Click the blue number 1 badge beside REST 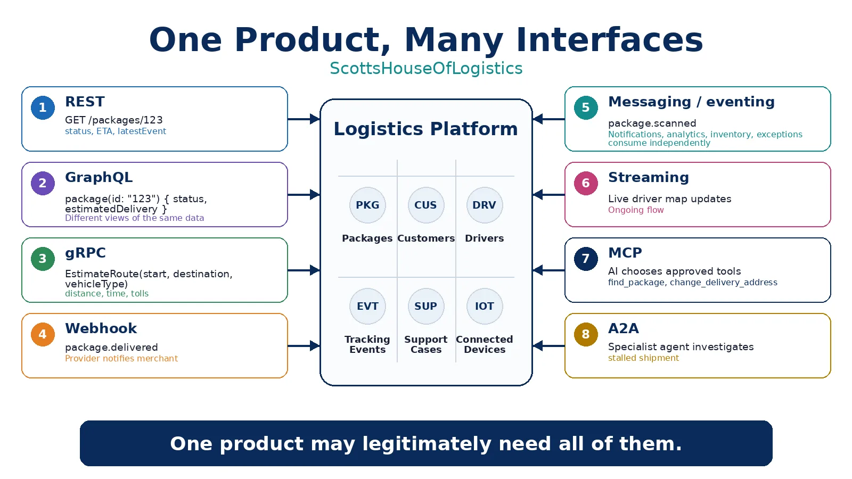[x=43, y=108]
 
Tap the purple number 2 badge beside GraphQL [x=43, y=183]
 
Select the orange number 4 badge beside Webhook [x=43, y=334]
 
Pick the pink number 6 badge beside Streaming [x=586, y=183]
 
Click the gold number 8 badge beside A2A [x=586, y=334]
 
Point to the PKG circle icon [x=367, y=205]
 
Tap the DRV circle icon [x=485, y=205]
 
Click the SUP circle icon [x=426, y=306]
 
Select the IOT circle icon [x=485, y=306]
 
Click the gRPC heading [x=85, y=253]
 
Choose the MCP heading [x=625, y=253]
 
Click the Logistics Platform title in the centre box [x=425, y=129]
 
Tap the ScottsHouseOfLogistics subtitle [x=426, y=69]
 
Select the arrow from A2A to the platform [x=548, y=346]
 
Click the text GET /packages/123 [x=114, y=120]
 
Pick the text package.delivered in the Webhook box [x=111, y=348]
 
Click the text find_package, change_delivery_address [x=693, y=283]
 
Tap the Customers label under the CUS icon [x=426, y=238]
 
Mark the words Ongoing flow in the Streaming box [x=636, y=210]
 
